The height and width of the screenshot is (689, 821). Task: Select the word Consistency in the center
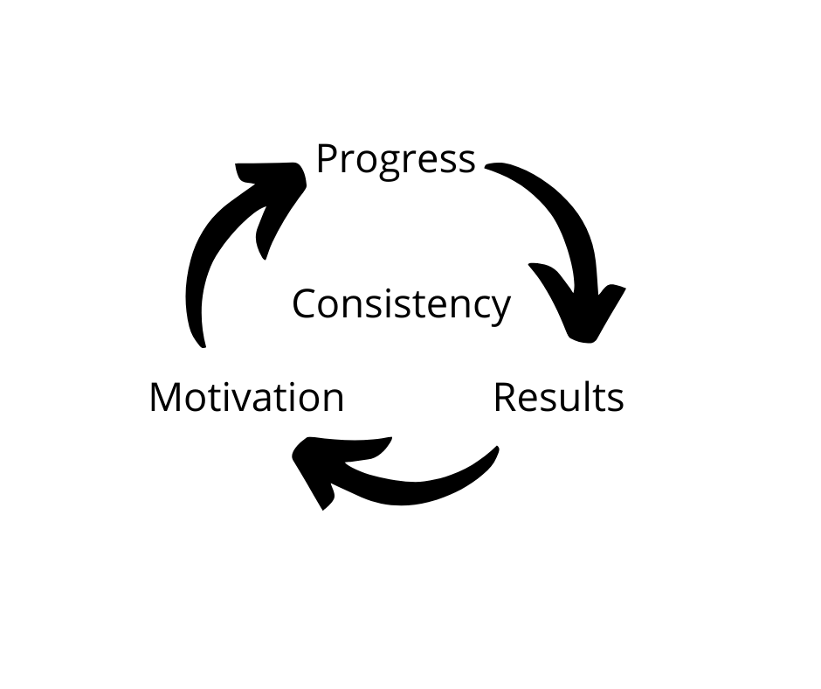click(401, 305)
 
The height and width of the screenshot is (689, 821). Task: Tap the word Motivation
click(246, 398)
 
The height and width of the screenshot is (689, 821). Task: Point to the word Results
click(558, 398)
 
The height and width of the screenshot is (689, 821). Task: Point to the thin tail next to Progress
click(493, 166)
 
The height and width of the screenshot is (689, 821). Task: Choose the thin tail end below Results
click(493, 453)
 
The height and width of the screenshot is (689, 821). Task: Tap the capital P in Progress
click(326, 159)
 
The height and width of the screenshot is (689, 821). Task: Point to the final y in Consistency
click(500, 310)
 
